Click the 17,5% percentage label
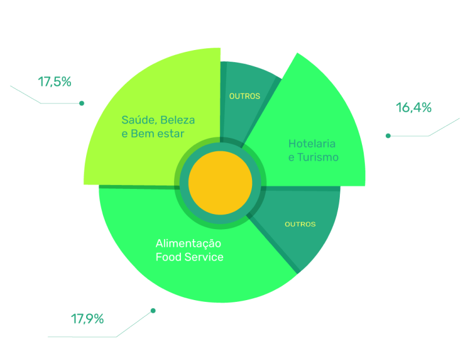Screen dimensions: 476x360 pos(55,82)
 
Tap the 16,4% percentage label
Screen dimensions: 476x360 pos(414,108)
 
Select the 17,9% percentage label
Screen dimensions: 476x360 pos(87,319)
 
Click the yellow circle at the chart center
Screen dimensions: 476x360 pos(221,183)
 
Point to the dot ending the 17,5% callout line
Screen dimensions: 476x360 pos(81,104)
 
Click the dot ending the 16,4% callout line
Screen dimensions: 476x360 pos(388,136)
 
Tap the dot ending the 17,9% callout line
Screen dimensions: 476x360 pos(153,311)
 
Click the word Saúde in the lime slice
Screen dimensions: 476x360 pos(138,120)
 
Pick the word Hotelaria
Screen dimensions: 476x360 pos(312,144)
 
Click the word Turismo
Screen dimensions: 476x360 pos(318,158)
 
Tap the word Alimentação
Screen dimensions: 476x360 pos(189,244)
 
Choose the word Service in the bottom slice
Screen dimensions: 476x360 pos(204,257)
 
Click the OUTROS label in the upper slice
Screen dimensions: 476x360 pos(244,96)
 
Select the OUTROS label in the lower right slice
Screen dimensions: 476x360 pos(300,224)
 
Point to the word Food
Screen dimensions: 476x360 pos(169,257)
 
